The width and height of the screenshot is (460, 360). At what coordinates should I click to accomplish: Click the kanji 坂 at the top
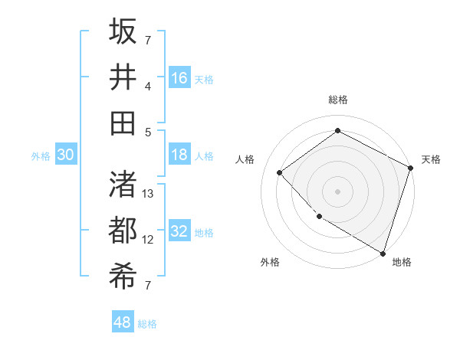123,31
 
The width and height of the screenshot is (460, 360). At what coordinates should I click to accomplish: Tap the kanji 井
123,77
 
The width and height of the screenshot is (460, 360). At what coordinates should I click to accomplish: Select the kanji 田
123,123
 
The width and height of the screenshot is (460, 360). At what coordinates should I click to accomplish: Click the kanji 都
123,230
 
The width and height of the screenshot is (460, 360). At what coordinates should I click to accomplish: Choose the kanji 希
123,276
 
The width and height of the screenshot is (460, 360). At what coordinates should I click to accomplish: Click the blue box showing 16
179,77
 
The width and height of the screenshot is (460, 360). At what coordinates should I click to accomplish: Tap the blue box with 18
179,155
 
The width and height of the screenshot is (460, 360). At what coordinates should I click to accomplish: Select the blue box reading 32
179,232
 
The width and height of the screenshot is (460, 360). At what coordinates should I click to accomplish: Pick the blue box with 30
66,155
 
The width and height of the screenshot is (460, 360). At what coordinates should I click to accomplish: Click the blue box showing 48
123,322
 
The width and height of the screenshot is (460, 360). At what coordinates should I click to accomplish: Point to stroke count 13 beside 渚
149,194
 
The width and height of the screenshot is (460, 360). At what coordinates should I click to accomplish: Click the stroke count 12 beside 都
149,240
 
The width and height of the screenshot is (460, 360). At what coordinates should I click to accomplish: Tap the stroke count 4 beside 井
149,86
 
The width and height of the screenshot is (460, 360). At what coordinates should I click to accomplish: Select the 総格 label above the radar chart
338,100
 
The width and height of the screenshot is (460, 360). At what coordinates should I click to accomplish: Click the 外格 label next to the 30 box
41,156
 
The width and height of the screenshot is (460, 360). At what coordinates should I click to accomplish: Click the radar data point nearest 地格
383,252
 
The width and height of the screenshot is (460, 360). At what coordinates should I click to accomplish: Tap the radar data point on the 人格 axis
280,172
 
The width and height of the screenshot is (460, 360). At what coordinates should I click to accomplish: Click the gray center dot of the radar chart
338,191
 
